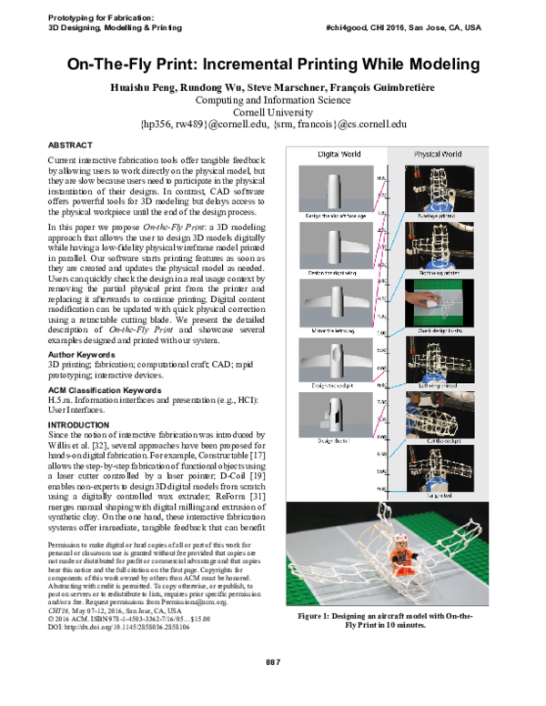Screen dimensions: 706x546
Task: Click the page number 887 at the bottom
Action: click(x=273, y=685)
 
